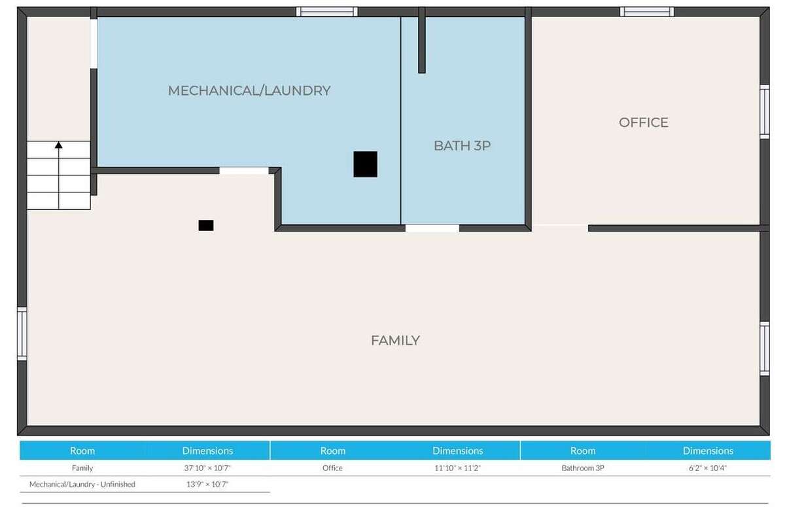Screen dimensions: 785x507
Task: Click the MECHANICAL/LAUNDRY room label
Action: (249, 91)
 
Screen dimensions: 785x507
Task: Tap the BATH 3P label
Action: (462, 146)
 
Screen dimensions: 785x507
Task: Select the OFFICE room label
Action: (644, 122)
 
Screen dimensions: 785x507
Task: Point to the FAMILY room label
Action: (395, 341)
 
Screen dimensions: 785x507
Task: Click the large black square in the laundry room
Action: (365, 164)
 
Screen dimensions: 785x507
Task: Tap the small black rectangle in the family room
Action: (206, 225)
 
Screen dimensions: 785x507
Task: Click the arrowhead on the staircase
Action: (58, 145)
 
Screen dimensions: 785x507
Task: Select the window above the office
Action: (647, 12)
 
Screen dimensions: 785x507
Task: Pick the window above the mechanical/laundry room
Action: (326, 12)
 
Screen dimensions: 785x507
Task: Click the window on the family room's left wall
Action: (22, 334)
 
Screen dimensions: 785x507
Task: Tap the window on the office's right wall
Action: (765, 112)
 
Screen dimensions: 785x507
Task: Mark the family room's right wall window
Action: (765, 349)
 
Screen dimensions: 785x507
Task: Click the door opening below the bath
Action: (432, 228)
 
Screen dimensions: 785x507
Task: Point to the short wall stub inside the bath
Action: (422, 41)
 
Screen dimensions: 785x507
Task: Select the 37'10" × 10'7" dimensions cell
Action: (207, 468)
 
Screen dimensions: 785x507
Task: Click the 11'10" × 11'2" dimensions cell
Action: (458, 468)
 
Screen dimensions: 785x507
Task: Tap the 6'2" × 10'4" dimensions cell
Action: (708, 468)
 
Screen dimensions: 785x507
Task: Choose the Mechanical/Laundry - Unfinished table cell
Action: (82, 484)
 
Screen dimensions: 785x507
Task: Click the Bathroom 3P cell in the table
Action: (583, 468)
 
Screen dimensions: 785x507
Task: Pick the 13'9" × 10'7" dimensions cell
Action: (207, 484)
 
